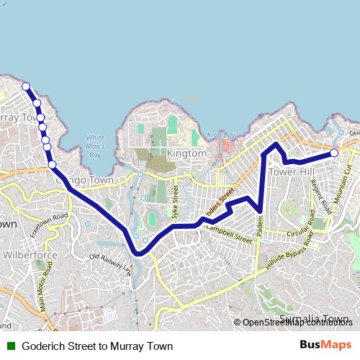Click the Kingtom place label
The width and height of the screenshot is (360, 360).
[x=186, y=154]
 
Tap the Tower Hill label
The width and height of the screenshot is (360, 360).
[x=292, y=174]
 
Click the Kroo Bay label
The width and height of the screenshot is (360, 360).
[x=222, y=135]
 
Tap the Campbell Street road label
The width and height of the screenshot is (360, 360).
[x=229, y=234]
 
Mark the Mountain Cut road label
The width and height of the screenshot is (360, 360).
[x=348, y=177]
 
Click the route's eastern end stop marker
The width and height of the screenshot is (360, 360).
[x=335, y=153]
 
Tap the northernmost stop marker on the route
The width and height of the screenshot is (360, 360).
[x=26, y=86]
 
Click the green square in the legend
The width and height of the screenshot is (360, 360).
[x=10, y=346]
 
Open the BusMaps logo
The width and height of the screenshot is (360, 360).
[x=325, y=346]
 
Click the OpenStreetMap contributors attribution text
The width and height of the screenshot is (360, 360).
[x=297, y=323]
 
